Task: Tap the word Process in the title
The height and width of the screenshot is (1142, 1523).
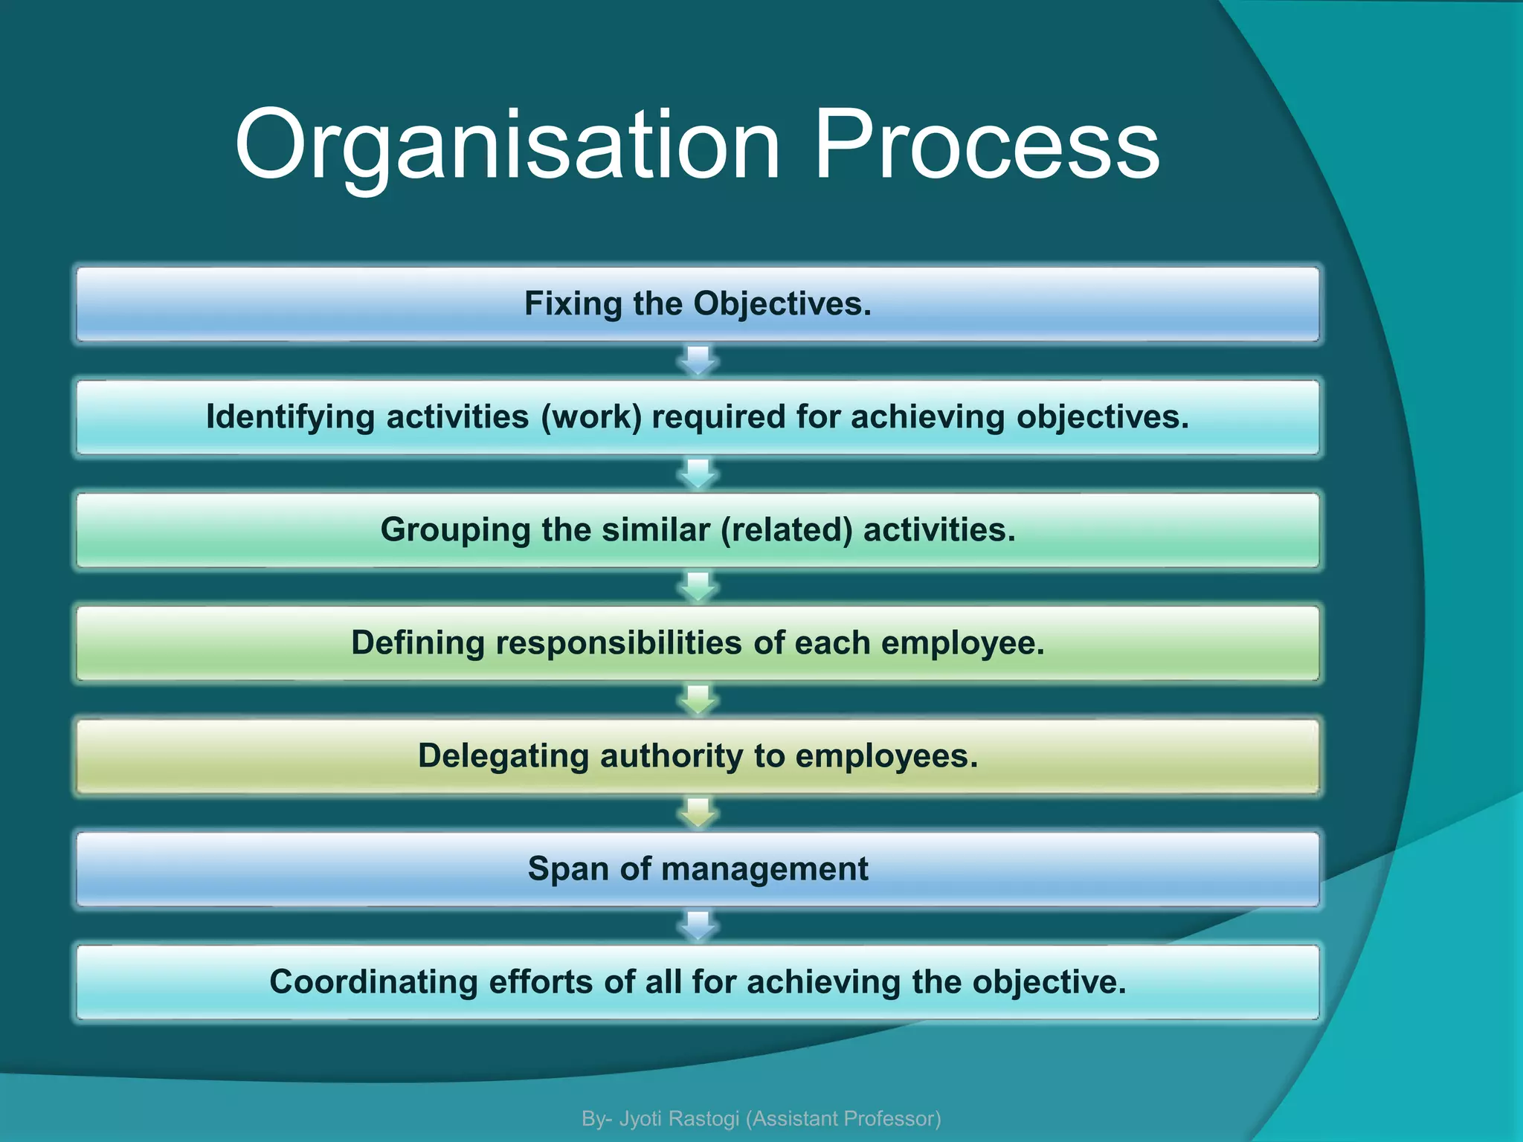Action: [x=987, y=145]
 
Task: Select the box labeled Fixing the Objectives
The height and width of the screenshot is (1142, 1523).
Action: [x=698, y=304]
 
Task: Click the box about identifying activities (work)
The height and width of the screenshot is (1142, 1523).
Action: [x=698, y=417]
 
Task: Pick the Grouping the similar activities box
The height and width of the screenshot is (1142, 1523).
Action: [x=698, y=530]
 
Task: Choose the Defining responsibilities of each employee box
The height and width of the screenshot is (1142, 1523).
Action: [x=698, y=643]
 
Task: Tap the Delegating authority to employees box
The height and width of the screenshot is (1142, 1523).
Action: [x=698, y=756]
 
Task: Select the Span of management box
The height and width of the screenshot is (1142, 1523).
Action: [x=698, y=869]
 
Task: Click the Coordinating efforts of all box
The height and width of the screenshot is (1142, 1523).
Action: [x=698, y=982]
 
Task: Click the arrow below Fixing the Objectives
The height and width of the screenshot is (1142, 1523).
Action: [x=698, y=361]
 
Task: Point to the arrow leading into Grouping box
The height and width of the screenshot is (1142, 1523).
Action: [x=698, y=474]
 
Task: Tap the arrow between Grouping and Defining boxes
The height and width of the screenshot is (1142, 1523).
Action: [x=698, y=587]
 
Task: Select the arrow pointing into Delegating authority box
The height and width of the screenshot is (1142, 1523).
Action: [x=698, y=700]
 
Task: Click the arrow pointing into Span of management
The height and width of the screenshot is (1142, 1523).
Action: [x=698, y=813]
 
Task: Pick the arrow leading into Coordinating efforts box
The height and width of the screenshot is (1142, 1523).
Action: [x=698, y=926]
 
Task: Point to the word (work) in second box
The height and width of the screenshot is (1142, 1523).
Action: [x=591, y=417]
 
